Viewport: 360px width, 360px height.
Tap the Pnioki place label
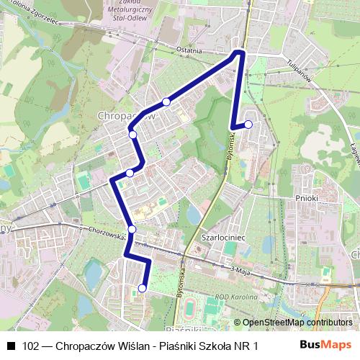306,197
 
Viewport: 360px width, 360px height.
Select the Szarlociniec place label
225,235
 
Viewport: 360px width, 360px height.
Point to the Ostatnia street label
191,51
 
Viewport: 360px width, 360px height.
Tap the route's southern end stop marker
142,288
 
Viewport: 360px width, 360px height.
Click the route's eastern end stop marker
248,125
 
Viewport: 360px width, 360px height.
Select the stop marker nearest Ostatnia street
166,102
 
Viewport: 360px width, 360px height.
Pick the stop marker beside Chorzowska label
132,230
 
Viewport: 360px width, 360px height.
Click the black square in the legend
10,346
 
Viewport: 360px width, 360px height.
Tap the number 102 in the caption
30,346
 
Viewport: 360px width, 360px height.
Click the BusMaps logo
326,345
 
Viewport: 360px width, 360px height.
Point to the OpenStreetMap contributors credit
297,323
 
